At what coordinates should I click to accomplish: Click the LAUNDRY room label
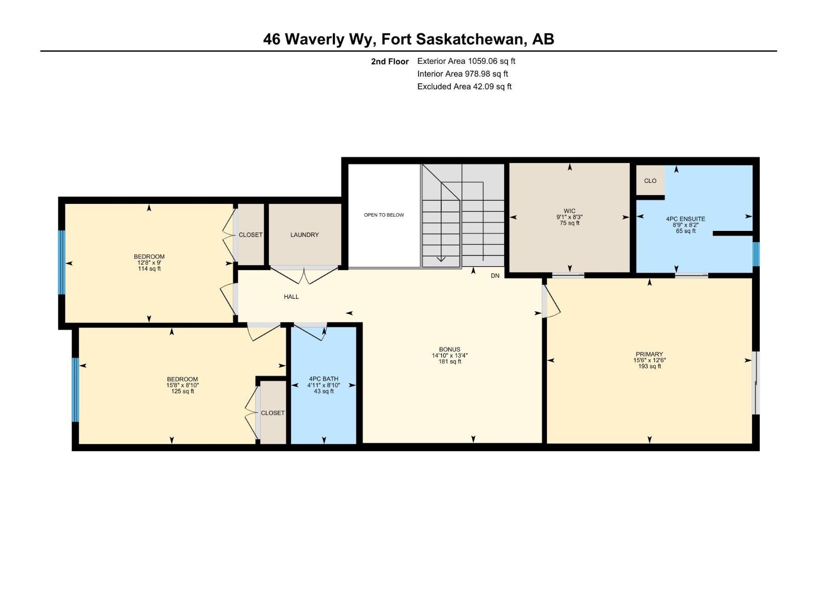[x=304, y=235]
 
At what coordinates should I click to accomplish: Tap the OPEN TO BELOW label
[x=383, y=215]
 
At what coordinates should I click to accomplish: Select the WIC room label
[x=569, y=211]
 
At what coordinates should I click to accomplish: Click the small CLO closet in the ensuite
[x=650, y=181]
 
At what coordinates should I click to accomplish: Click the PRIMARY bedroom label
[x=649, y=354]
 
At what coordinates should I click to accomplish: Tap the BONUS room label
[x=449, y=349]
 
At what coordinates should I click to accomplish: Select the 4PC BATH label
[x=323, y=379]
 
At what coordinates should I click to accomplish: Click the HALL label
[x=291, y=297]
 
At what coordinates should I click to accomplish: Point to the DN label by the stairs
[x=494, y=276]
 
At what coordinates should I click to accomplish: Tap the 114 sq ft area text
[x=149, y=269]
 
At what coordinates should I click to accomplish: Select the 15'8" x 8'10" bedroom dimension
[x=182, y=386]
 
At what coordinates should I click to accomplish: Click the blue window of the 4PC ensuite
[x=756, y=254]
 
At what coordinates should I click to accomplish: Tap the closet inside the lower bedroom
[x=272, y=413]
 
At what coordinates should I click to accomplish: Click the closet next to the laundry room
[x=251, y=235]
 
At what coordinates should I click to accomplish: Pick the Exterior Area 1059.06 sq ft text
[x=466, y=61]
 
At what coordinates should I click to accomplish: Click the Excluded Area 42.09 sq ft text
[x=464, y=87]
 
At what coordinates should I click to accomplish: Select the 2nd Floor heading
[x=390, y=61]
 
